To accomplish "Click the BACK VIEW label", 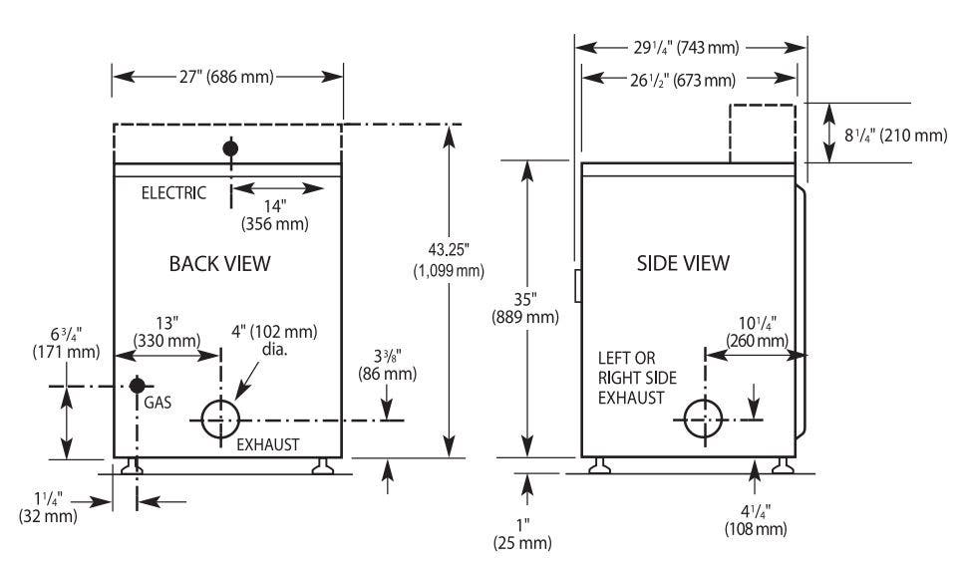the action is pos(219,263).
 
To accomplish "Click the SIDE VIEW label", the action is pos(683,263).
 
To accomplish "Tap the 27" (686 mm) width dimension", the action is pos(226,77).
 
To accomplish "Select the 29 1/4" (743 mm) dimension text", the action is pos(687,47).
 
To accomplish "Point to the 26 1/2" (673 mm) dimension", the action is pos(683,80).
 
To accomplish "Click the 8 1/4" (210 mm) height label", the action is pos(895,135).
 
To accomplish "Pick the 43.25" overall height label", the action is pos(449,260).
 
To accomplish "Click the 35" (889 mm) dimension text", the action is pos(525,308).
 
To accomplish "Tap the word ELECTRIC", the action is pos(173,193).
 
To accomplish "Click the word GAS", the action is pos(158,403).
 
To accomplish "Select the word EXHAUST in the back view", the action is pos(268,444).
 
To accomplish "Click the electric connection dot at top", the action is pos(230,148).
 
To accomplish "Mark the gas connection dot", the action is pos(138,386).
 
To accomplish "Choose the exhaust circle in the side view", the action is pos(684,420).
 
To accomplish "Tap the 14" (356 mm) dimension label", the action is pos(274,215).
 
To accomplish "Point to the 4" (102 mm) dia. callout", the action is pos(274,341).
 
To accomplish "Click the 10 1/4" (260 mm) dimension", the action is pos(757,332).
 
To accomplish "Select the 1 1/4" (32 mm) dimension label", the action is pos(48,507).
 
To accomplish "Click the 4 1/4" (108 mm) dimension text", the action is pos(755,519).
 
